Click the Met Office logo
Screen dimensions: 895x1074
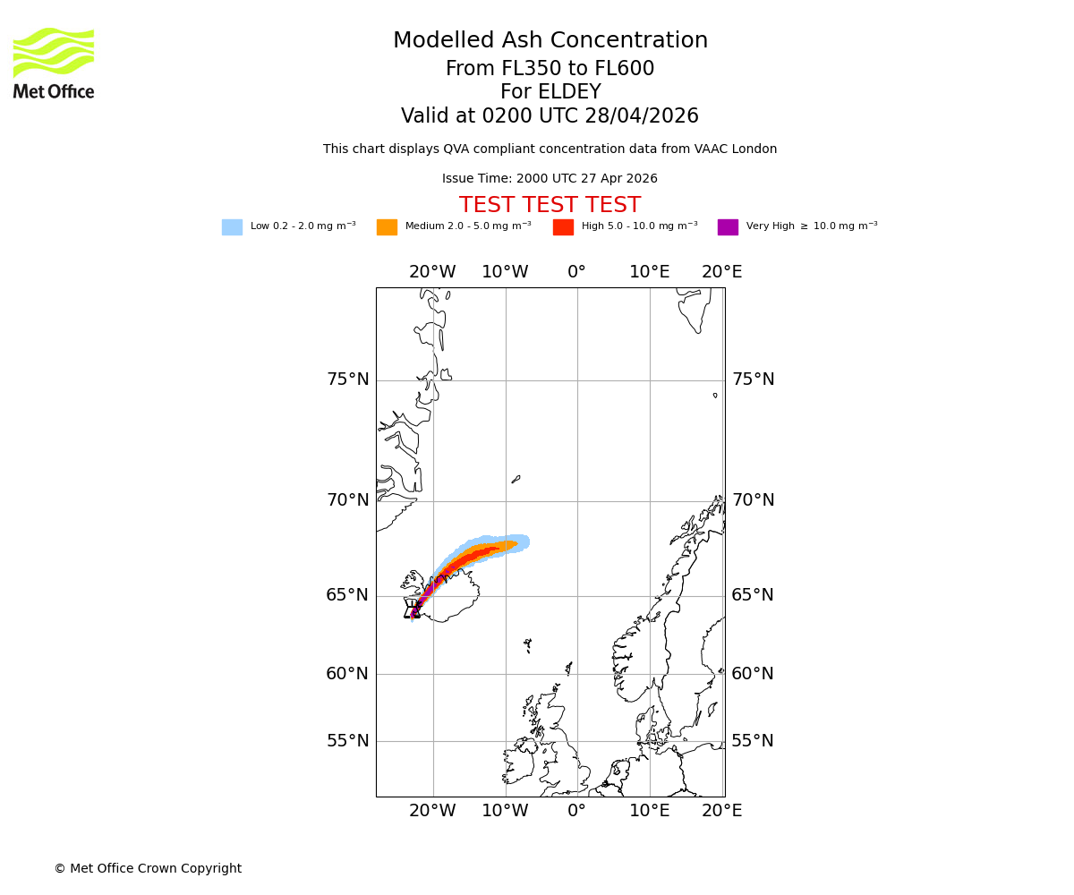coord(54,63)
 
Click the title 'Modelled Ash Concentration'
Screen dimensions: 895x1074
coord(550,41)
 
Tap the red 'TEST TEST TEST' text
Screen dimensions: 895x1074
coord(550,206)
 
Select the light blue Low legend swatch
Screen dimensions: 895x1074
coord(232,227)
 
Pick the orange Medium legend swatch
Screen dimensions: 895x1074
coord(387,227)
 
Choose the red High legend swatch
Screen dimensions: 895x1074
coord(563,227)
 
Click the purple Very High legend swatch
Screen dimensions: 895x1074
coord(728,227)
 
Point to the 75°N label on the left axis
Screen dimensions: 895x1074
coord(347,379)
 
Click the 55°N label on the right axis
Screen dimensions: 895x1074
coord(753,741)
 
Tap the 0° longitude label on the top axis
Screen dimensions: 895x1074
coord(576,272)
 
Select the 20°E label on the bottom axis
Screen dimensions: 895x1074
coord(721,811)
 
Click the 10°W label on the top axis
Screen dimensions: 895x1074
coord(505,272)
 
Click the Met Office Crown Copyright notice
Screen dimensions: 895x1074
coord(148,869)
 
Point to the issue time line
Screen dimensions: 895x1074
coord(550,179)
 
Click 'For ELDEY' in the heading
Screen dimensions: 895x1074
coord(550,92)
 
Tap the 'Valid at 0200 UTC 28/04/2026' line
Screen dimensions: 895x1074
coord(550,116)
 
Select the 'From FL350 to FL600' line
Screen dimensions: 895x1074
coord(550,69)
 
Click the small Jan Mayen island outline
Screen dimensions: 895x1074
coord(516,480)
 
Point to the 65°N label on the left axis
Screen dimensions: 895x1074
coord(347,595)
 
